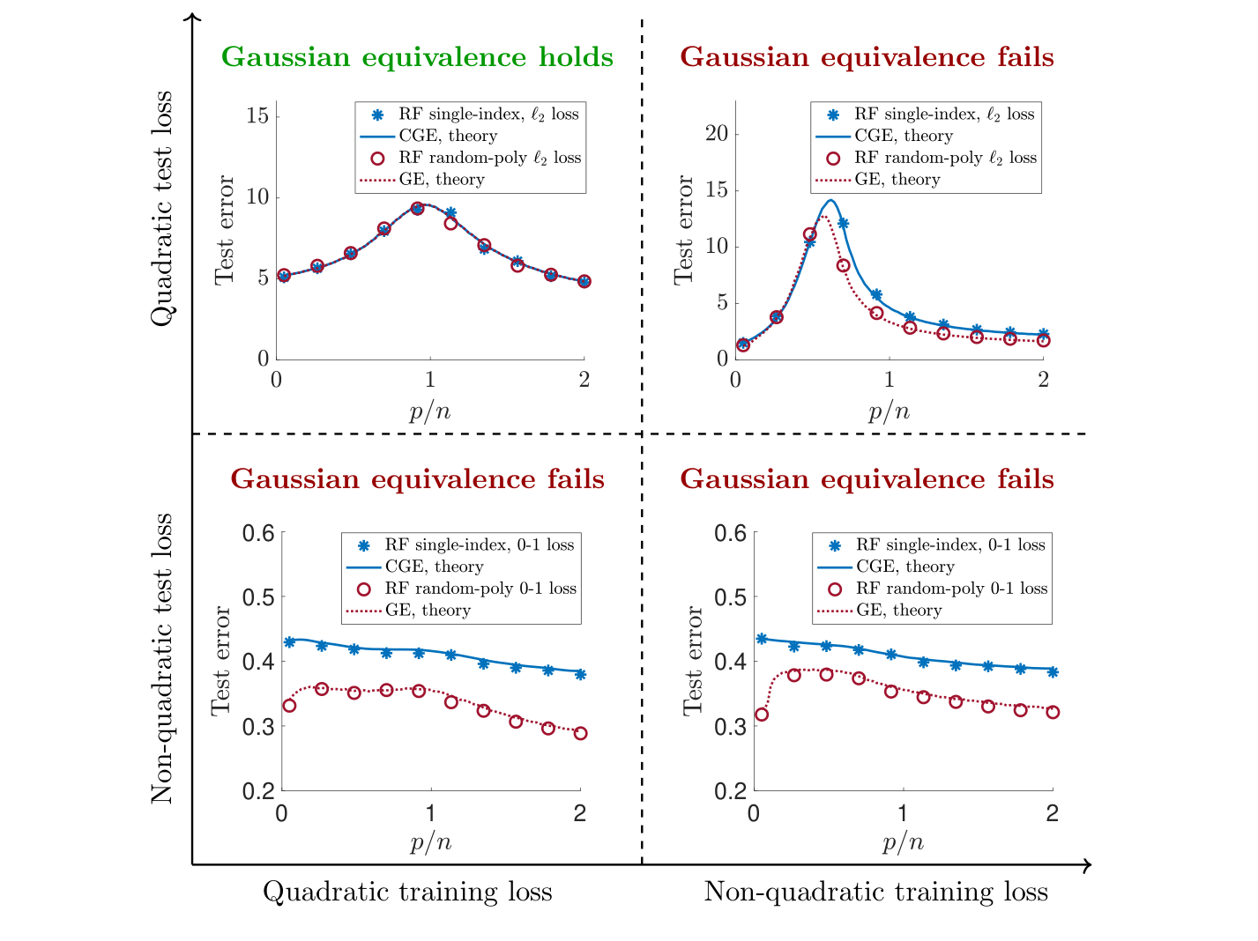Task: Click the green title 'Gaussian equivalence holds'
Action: tap(417, 57)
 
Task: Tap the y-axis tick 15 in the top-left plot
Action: tap(257, 115)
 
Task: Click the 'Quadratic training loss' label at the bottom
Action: tap(407, 892)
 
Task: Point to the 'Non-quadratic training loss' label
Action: tap(875, 892)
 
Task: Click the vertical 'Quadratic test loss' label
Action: tap(162, 209)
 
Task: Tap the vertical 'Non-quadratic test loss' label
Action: tap(162, 658)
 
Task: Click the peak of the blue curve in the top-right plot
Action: tap(830, 201)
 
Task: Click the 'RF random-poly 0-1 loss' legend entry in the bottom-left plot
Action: tap(480, 589)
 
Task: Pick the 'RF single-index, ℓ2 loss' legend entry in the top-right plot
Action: tap(943, 115)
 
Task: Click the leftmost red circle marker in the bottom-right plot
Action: tap(762, 715)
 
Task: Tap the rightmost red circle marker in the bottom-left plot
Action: tap(580, 733)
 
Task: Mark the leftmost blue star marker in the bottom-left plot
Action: tap(289, 641)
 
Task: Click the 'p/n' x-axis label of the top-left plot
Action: tap(430, 411)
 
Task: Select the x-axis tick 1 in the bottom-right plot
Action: tap(902, 813)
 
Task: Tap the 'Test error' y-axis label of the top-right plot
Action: tap(684, 230)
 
